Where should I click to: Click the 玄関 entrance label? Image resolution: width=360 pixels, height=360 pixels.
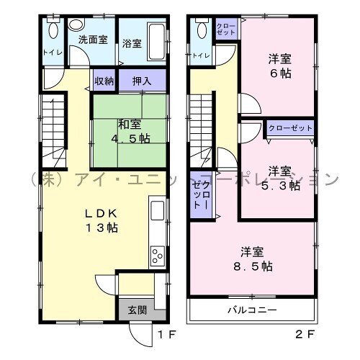(x=138, y=310)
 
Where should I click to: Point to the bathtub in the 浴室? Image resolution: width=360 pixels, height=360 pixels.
(x=157, y=42)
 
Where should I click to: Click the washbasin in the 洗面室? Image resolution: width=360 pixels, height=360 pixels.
(x=76, y=25)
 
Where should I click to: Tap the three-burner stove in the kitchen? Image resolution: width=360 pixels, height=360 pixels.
(x=158, y=256)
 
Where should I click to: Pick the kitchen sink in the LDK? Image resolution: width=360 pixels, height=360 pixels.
(x=158, y=210)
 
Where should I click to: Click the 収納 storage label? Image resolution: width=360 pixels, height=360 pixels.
(x=104, y=81)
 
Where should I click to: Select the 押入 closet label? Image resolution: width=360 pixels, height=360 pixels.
(x=142, y=81)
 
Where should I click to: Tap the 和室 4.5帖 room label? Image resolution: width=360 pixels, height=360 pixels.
(x=130, y=132)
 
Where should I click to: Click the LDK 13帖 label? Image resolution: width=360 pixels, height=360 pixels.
(x=102, y=220)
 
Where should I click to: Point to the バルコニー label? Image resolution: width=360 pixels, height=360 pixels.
(x=252, y=310)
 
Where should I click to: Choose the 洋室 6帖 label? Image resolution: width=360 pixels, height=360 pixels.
(x=280, y=66)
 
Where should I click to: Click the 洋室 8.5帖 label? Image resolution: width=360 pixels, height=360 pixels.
(x=253, y=259)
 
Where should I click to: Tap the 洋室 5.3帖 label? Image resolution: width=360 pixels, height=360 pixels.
(x=280, y=179)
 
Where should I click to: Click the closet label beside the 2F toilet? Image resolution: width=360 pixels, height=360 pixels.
(x=226, y=29)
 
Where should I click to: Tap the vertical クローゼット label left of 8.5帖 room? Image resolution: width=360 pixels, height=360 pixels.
(x=202, y=195)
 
